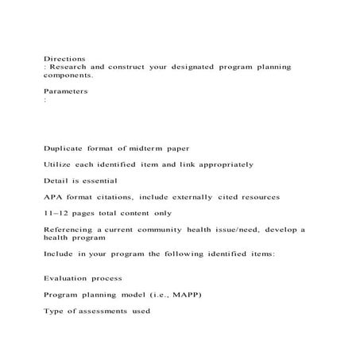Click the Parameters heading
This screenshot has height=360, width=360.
tap(65, 92)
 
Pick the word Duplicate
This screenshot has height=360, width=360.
tap(66, 149)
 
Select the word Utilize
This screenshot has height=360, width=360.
tap(59, 165)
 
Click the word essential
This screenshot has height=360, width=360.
tap(96, 181)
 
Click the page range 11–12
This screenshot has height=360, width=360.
tap(56, 213)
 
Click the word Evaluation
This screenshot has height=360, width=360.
tap(69, 278)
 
